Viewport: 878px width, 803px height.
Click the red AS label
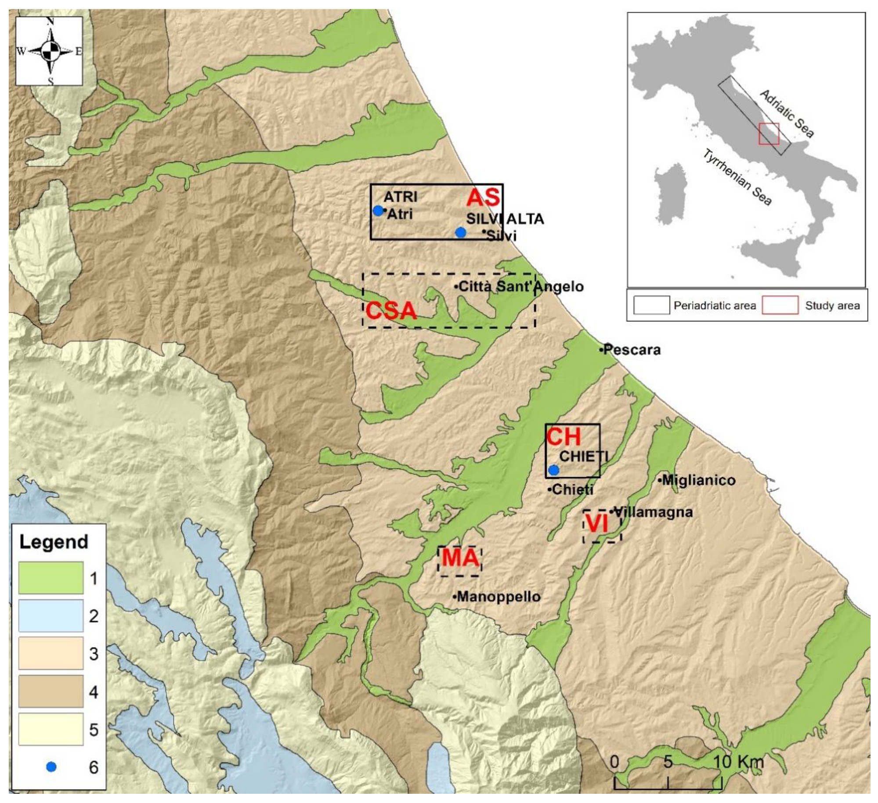click(483, 198)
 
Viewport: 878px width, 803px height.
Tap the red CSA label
click(390, 311)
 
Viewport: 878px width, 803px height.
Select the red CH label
click(563, 437)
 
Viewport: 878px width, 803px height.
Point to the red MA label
click(460, 558)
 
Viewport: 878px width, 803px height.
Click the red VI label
click(597, 524)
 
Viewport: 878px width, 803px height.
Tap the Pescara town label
click(632, 350)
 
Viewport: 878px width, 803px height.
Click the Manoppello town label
click(498, 597)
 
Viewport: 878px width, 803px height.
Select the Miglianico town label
click(698, 480)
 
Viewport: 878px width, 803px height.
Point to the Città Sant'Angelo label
click(520, 287)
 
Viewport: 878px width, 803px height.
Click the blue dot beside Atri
click(378, 211)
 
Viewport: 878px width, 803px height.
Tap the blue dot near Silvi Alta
click(460, 233)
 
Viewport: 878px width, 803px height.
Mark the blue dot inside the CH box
click(554, 470)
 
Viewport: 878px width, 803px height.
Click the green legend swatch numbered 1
click(51, 578)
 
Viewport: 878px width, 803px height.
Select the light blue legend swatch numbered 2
click(51, 616)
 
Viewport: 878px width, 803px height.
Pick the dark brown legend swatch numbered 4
click(51, 691)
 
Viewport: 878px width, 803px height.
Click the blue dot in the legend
click(51, 767)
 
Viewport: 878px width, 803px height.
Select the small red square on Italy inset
click(769, 133)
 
